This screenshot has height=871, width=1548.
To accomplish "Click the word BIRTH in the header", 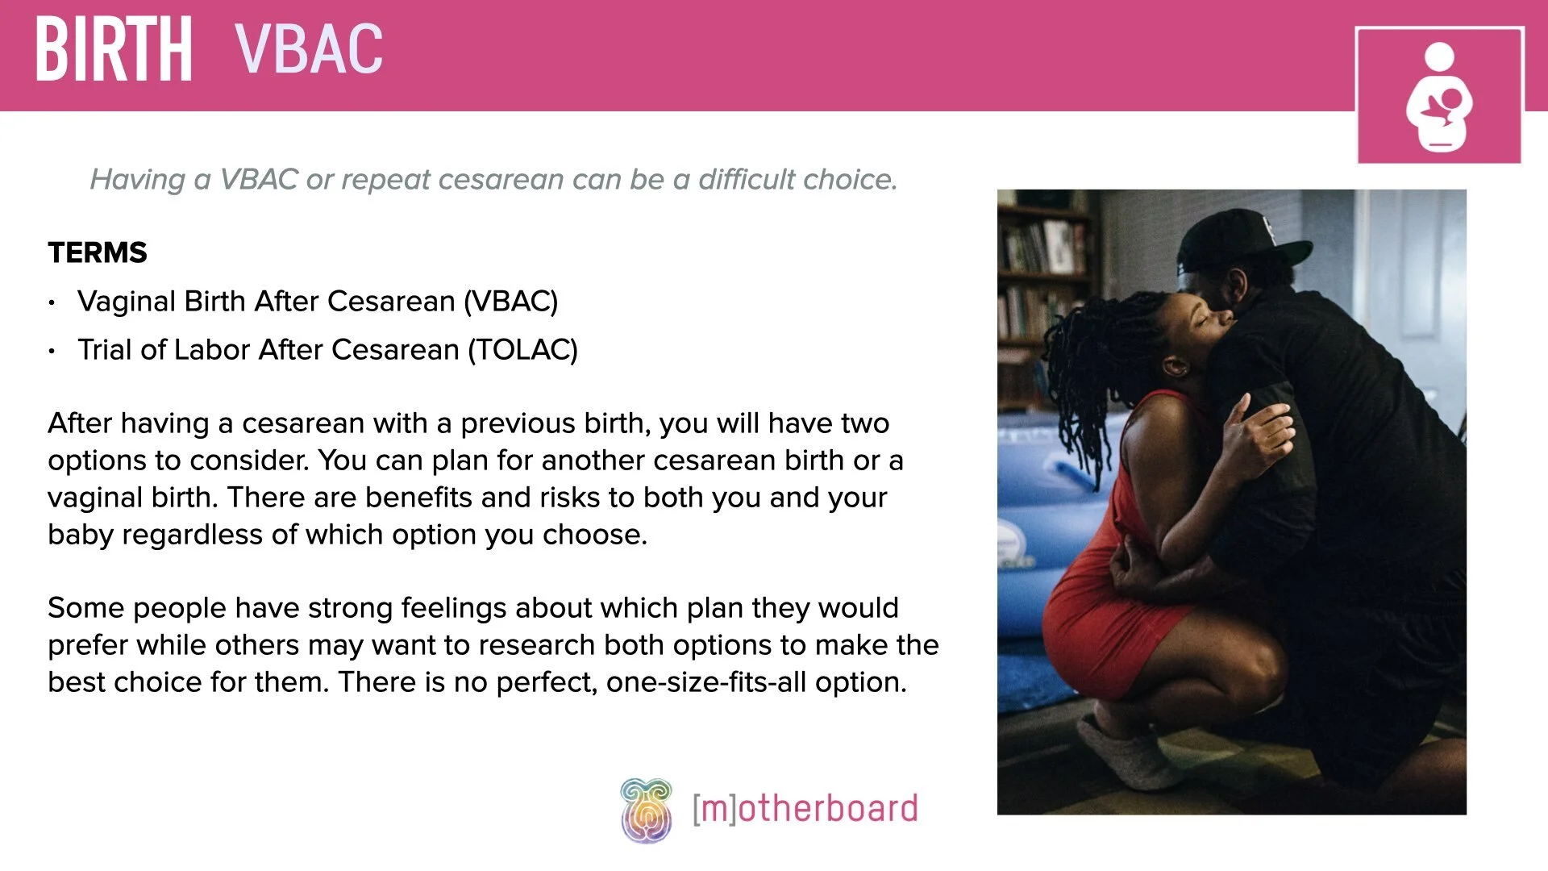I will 114,50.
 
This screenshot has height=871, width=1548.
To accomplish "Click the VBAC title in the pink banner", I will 309,50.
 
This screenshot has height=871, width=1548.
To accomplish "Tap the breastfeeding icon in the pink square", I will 1439,97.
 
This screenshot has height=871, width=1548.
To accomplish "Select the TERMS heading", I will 98,253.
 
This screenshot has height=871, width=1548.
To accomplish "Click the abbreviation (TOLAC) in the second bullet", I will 523,350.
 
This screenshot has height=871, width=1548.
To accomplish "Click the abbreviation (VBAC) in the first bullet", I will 510,302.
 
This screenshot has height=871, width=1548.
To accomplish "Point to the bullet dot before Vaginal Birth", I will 52,303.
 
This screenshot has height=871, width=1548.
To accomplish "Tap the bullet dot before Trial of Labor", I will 52,352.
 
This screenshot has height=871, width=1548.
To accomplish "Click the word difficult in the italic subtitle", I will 747,179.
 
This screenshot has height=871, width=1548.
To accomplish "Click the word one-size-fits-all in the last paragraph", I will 706,682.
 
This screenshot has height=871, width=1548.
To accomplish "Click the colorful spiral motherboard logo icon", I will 646,810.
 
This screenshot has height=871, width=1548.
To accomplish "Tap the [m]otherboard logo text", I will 805,809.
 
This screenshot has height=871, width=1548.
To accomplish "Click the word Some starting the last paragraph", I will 85,608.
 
